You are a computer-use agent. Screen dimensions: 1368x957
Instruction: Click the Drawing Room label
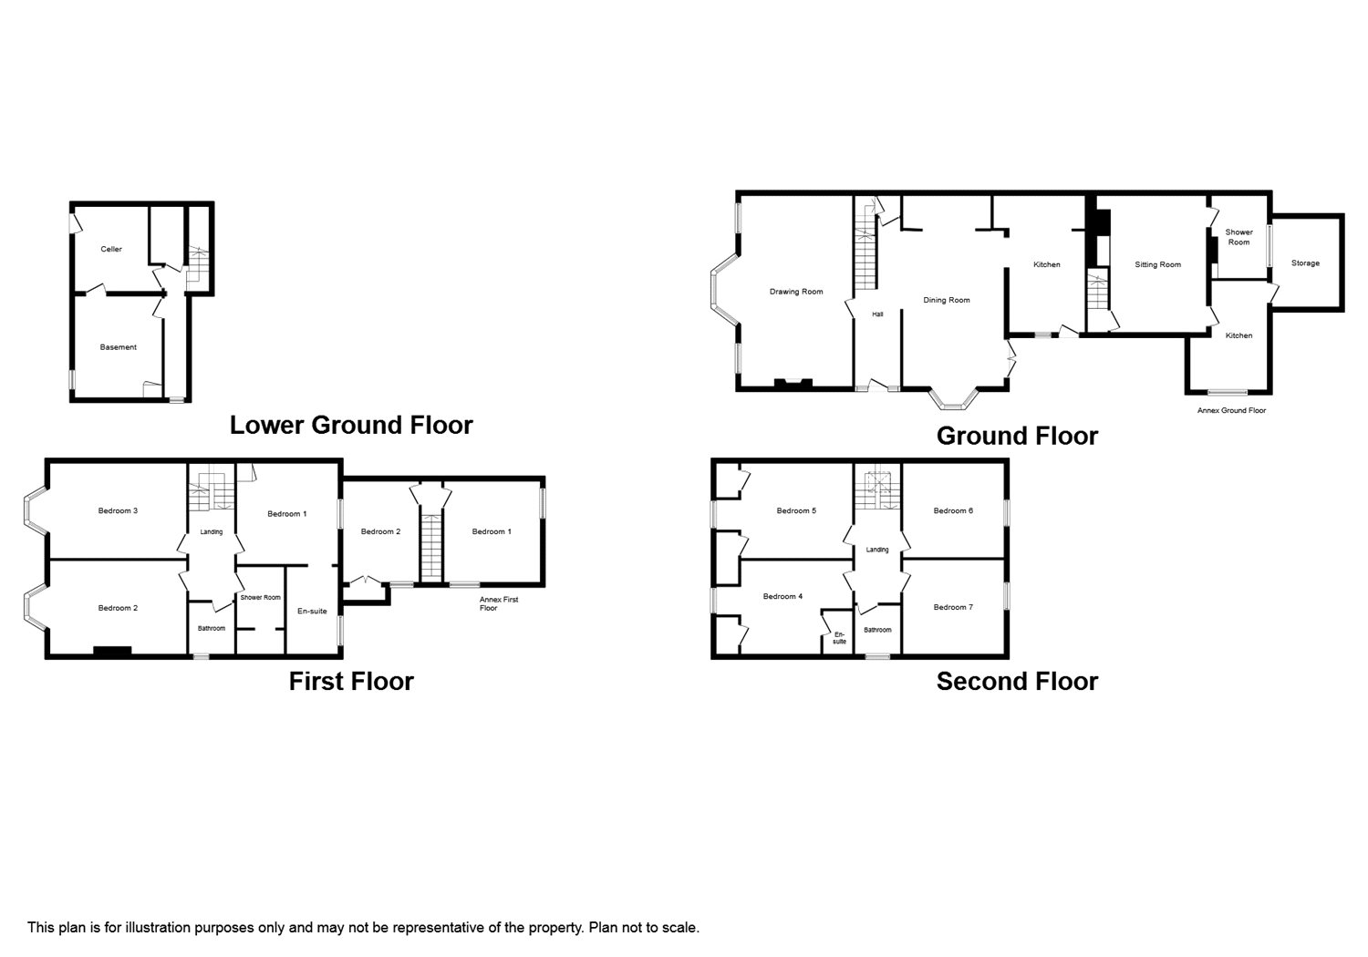pyautogui.click(x=796, y=292)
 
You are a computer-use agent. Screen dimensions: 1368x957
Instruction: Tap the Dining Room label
pyautogui.click(x=946, y=300)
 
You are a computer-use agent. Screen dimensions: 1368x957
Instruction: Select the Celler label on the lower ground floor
pyautogui.click(x=111, y=249)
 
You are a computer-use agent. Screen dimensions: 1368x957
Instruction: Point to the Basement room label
pyautogui.click(x=118, y=347)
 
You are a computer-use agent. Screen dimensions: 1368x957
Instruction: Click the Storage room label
pyautogui.click(x=1305, y=263)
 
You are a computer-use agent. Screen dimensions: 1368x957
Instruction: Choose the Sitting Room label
pyautogui.click(x=1157, y=265)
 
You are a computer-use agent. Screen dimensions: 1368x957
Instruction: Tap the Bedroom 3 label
pyautogui.click(x=118, y=510)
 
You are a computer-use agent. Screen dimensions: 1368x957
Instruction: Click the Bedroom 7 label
pyautogui.click(x=953, y=607)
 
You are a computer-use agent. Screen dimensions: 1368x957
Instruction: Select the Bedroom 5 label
pyautogui.click(x=796, y=510)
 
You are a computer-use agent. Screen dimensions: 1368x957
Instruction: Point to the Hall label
pyautogui.click(x=877, y=314)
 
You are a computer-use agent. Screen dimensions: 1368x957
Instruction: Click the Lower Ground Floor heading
pyautogui.click(x=351, y=426)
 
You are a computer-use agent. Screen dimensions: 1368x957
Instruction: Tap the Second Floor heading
pyautogui.click(x=1017, y=682)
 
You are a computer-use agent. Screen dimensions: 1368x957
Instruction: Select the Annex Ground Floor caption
pyautogui.click(x=1231, y=411)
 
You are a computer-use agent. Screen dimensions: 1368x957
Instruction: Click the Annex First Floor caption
pyautogui.click(x=498, y=603)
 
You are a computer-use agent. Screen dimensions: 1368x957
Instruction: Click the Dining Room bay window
pyautogui.click(x=955, y=399)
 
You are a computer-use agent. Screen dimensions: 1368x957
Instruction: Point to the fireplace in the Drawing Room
pyautogui.click(x=793, y=384)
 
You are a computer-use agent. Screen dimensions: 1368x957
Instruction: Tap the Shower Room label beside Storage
pyautogui.click(x=1238, y=237)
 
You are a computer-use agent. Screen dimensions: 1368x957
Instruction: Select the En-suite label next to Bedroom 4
pyautogui.click(x=839, y=638)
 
